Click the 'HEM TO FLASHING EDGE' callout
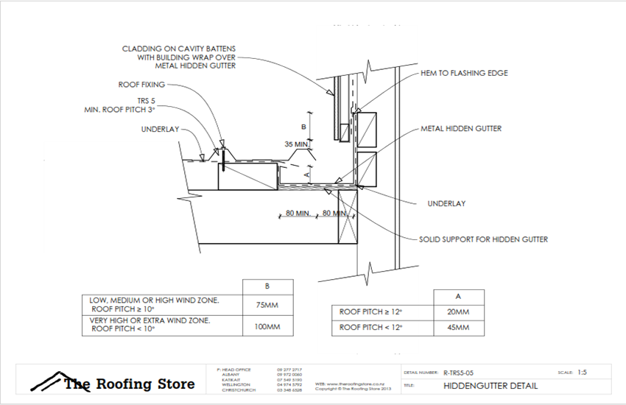pyautogui.click(x=464, y=74)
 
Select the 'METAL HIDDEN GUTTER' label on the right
pyautogui.click(x=461, y=128)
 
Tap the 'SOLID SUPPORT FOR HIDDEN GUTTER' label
pyautogui.click(x=483, y=239)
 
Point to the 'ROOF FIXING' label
pyautogui.click(x=142, y=85)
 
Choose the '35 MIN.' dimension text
pyautogui.click(x=297, y=144)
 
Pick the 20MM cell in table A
pyautogui.click(x=458, y=312)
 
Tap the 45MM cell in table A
pyautogui.click(x=458, y=327)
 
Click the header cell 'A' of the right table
pyautogui.click(x=458, y=295)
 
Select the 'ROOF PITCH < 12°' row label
pyautogui.click(x=371, y=327)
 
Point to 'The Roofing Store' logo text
pyautogui.click(x=129, y=384)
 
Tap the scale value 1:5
pyautogui.click(x=582, y=373)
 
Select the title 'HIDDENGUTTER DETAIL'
pyautogui.click(x=490, y=386)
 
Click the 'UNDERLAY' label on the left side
pyautogui.click(x=160, y=129)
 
